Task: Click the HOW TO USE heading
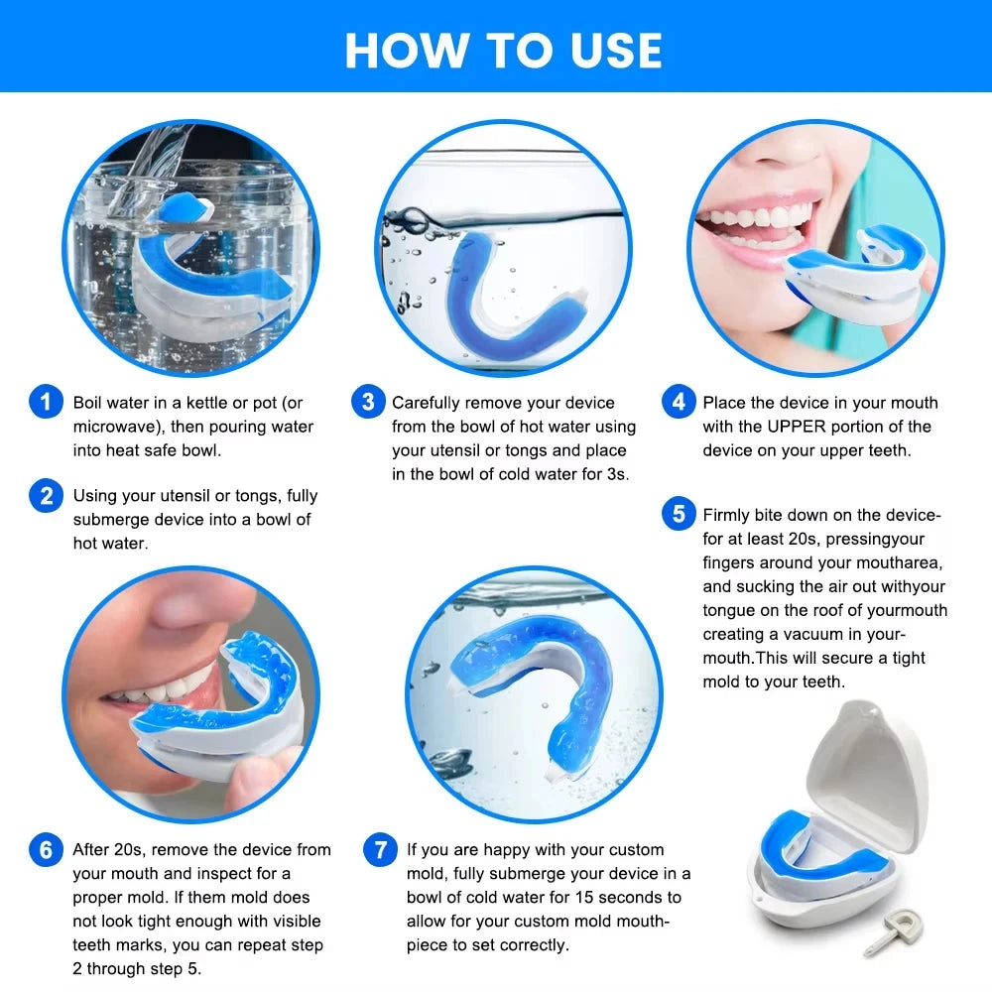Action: pos(503,50)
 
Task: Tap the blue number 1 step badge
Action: pos(46,403)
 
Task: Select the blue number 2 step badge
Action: pos(46,495)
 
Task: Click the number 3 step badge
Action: pos(368,403)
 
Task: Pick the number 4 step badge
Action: pos(679,403)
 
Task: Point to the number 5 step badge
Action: pos(679,515)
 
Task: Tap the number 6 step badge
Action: pos(46,850)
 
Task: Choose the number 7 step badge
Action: pos(380,850)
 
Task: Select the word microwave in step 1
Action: pos(114,427)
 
